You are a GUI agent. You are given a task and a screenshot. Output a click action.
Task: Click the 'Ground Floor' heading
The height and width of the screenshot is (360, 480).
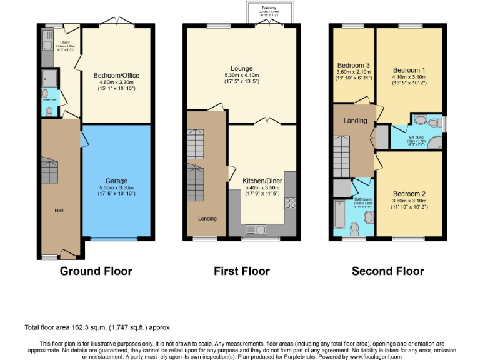tap(96, 271)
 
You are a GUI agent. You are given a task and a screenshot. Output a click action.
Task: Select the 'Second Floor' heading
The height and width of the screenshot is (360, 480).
tap(387, 271)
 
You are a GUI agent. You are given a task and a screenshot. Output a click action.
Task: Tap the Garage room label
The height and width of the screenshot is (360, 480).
tap(116, 181)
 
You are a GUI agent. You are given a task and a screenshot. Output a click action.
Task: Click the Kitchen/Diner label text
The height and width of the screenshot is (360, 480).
tap(262, 179)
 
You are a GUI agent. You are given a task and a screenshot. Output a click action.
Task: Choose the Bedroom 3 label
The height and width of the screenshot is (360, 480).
tap(354, 66)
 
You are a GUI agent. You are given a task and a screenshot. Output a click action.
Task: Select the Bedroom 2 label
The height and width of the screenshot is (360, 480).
tap(409, 194)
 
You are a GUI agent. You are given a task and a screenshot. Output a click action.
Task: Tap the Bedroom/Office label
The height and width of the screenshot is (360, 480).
tap(116, 76)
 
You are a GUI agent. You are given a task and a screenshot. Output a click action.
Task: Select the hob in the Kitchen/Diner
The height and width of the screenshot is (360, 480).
tap(290, 202)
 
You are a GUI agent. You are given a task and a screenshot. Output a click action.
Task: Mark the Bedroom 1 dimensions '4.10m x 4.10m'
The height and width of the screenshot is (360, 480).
tap(409, 76)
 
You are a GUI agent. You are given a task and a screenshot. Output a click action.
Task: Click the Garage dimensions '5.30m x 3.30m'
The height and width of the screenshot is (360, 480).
tap(116, 187)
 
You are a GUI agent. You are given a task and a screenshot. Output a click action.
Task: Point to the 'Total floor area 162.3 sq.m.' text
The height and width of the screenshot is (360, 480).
tap(69, 327)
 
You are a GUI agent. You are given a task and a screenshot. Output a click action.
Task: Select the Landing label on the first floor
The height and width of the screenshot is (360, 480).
tap(207, 219)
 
